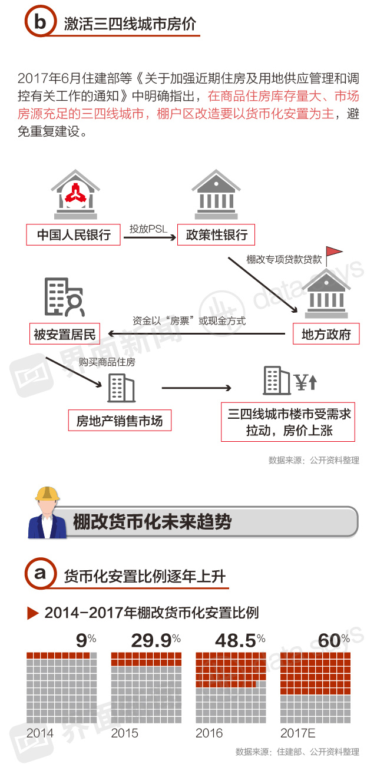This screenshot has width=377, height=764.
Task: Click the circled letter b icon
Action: coord(40,21)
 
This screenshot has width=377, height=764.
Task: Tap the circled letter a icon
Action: coord(40,574)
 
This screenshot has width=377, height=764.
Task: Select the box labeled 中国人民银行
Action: coord(74,234)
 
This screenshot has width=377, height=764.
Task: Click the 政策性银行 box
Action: coord(216,234)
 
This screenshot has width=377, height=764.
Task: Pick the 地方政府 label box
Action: coord(326,334)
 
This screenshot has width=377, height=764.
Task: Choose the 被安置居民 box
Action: coord(65,334)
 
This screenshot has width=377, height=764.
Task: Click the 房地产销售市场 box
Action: coord(120,421)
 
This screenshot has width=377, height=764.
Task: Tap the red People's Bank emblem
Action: coord(76,193)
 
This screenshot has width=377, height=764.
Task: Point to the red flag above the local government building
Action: coord(334,252)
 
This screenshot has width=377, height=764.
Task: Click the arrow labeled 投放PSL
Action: coord(150,237)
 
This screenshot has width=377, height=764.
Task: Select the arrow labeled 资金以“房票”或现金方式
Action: coord(196,333)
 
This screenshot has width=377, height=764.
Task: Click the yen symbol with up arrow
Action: coord(306,382)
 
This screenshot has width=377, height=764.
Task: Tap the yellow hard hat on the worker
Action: coord(47,494)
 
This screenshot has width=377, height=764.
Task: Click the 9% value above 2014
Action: coord(86,640)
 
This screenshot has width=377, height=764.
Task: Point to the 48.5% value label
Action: coord(240,640)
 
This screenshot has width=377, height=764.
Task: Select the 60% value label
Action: coord(334,640)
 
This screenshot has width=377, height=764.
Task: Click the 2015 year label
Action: coord(124,733)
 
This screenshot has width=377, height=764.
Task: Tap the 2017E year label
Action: coord(298,733)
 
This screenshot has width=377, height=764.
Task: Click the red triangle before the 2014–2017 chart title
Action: coord(33,613)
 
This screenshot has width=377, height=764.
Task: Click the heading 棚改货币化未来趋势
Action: coord(152,522)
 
